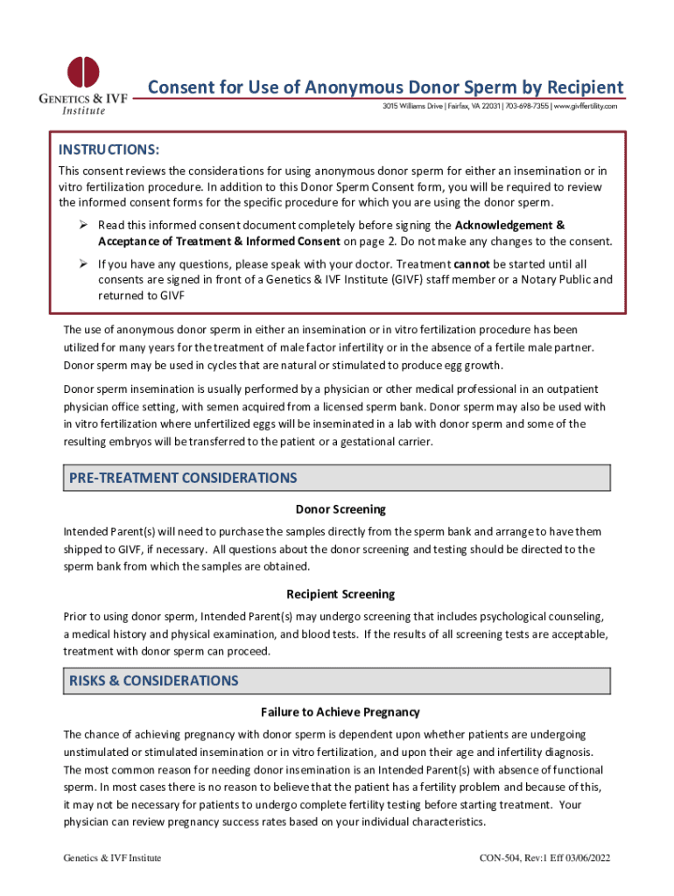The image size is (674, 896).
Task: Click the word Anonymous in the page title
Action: pyautogui.click(x=315, y=87)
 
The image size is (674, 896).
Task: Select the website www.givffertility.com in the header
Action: pyautogui.click(x=585, y=106)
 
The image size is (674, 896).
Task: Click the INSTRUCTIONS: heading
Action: pyautogui.click(x=109, y=150)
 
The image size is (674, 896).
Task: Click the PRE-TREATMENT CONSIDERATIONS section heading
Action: pyautogui.click(x=183, y=478)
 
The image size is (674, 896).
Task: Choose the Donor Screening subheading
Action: pyautogui.click(x=341, y=509)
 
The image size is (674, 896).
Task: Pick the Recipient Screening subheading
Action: pyautogui.click(x=341, y=594)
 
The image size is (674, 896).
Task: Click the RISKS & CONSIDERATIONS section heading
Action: pyautogui.click(x=153, y=681)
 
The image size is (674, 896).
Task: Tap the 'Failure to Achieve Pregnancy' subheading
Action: pyautogui.click(x=341, y=712)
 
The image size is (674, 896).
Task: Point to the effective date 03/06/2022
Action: pyautogui.click(x=585, y=858)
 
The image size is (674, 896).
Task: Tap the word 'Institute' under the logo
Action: pyautogui.click(x=83, y=110)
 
